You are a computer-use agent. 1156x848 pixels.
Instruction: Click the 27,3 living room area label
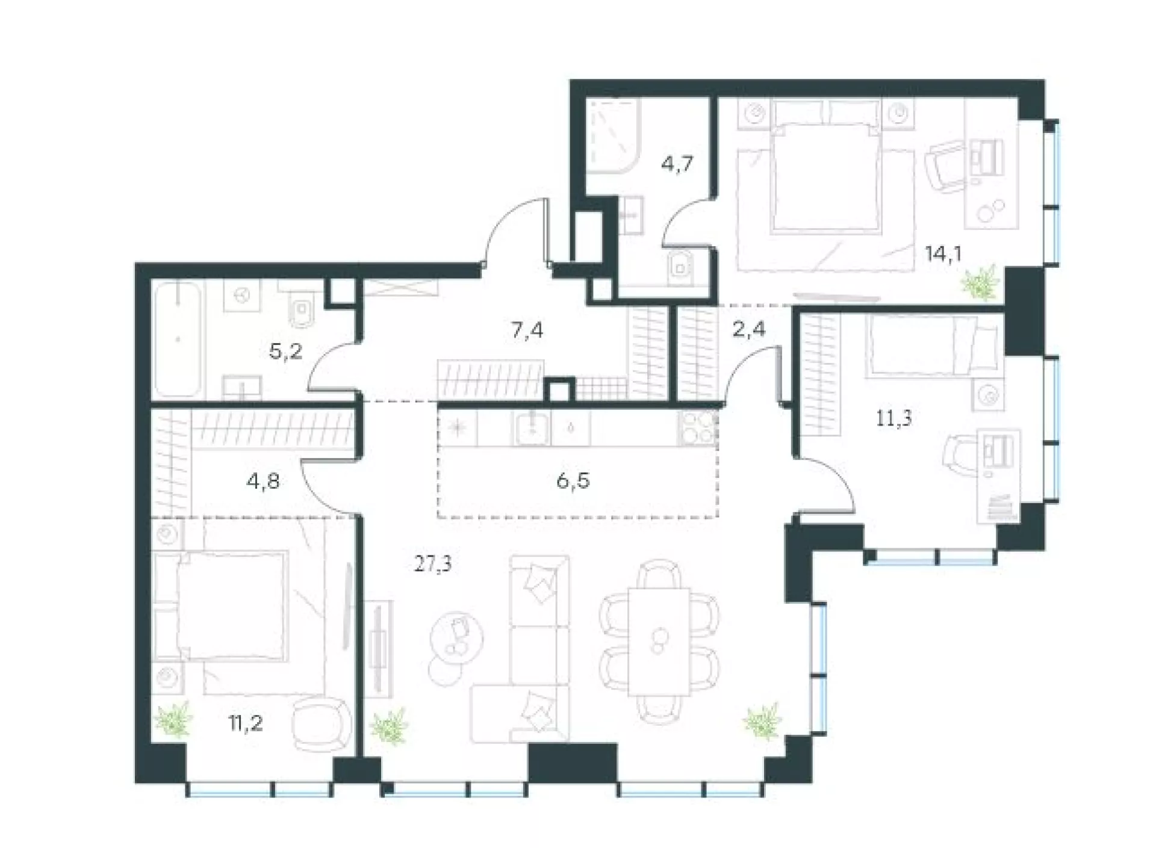tap(433, 565)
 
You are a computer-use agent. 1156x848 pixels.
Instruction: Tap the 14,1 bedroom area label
tap(943, 254)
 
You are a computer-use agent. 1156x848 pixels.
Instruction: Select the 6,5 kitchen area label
tap(573, 481)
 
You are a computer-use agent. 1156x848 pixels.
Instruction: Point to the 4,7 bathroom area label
tap(677, 164)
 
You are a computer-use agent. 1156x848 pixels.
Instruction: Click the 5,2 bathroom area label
tap(285, 351)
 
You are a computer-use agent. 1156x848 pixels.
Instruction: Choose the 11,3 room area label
tap(893, 418)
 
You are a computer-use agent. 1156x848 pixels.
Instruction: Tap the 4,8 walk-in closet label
tap(263, 481)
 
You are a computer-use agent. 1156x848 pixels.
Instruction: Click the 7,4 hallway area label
tap(527, 330)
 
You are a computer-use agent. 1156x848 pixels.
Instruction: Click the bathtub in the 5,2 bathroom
tap(178, 340)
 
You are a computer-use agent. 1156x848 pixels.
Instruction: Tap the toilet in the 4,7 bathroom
tap(680, 265)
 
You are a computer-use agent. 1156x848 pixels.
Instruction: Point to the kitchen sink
tap(532, 428)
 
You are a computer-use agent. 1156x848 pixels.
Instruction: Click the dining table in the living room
tap(659, 642)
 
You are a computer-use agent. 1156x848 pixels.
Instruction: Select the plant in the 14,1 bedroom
tap(978, 284)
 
